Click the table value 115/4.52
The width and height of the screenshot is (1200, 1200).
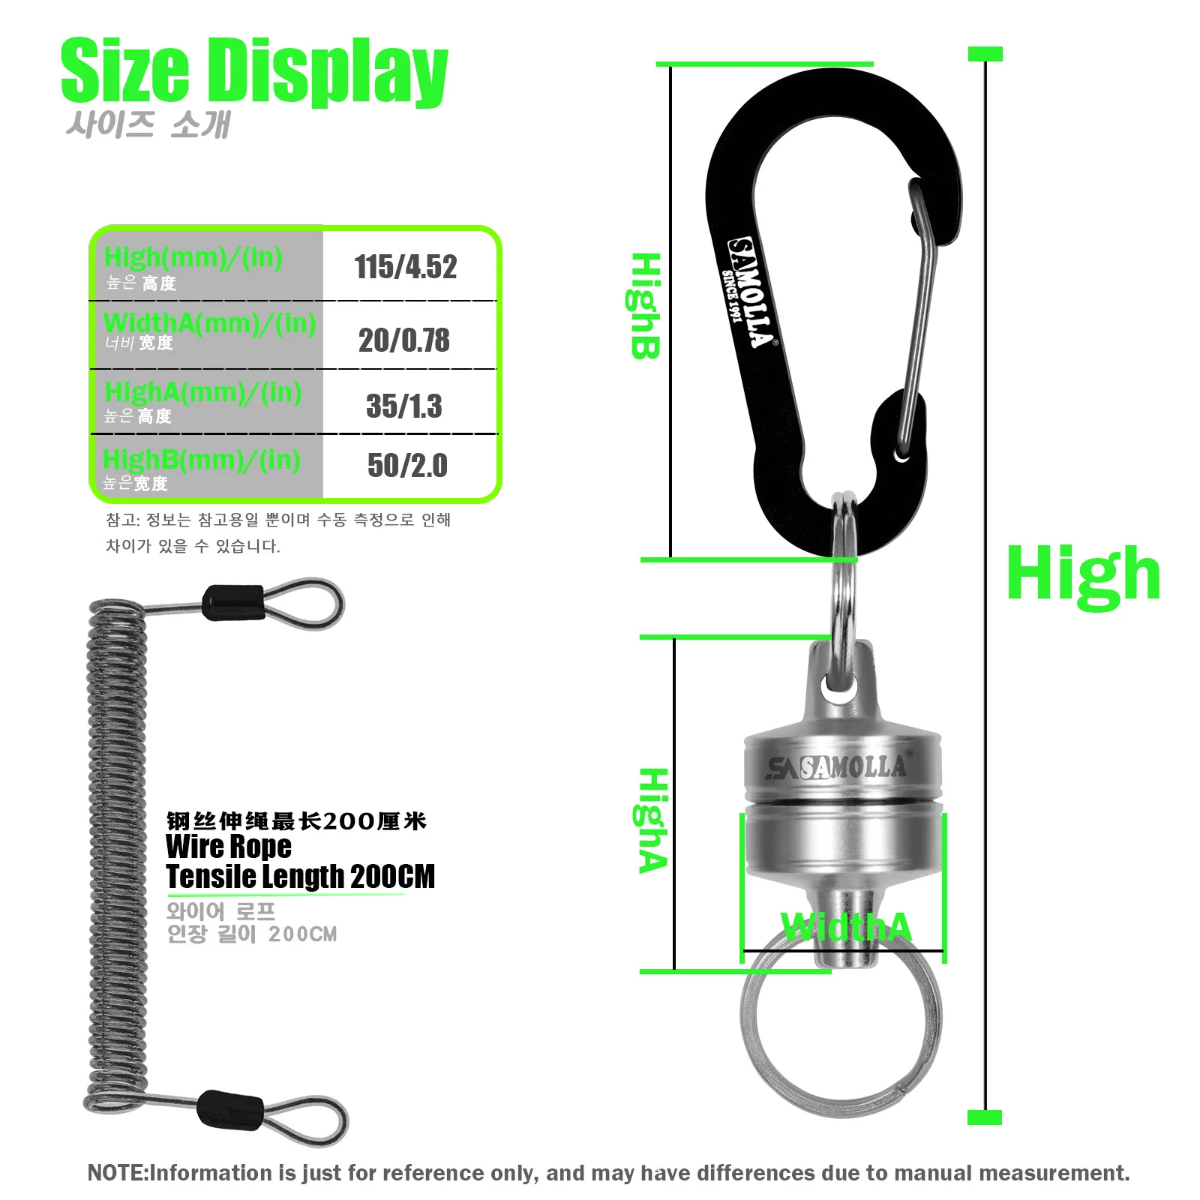pos(406,267)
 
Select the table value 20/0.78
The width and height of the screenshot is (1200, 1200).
pos(404,340)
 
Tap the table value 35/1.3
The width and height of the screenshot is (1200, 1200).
pos(404,406)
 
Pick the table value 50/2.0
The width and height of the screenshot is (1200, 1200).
pos(407,466)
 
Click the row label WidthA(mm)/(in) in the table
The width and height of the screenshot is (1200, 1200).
pos(210,323)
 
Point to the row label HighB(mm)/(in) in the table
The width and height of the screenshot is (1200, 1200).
pos(202,459)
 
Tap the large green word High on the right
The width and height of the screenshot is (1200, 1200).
pos(1083,574)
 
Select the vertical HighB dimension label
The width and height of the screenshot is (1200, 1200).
pos(644,306)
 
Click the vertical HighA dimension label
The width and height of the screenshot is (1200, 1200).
pos(652,820)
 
